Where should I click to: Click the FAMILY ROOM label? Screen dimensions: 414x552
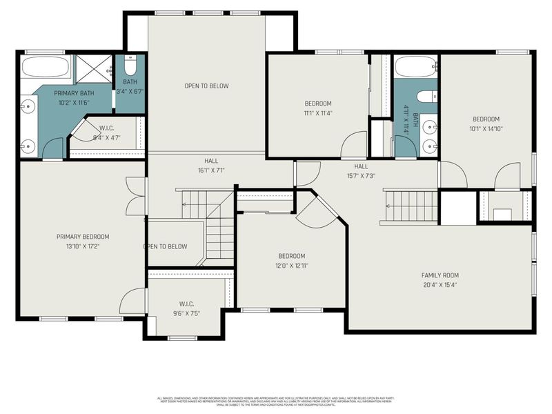440,275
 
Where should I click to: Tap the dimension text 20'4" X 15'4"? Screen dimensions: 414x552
440,284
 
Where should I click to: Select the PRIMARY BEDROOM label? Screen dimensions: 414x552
83,237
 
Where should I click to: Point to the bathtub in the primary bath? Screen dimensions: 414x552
45,68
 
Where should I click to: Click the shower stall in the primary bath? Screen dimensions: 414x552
92,68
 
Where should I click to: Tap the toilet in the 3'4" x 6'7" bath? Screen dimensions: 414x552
130,68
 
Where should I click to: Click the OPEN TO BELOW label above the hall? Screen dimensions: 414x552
206,86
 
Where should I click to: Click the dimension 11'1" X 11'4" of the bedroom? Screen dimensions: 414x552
317,113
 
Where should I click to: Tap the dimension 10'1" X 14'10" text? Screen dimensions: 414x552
486,128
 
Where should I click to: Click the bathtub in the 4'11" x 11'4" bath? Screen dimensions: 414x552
415,68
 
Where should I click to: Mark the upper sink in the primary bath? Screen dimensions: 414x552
28,106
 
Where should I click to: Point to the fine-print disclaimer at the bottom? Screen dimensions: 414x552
276,402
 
